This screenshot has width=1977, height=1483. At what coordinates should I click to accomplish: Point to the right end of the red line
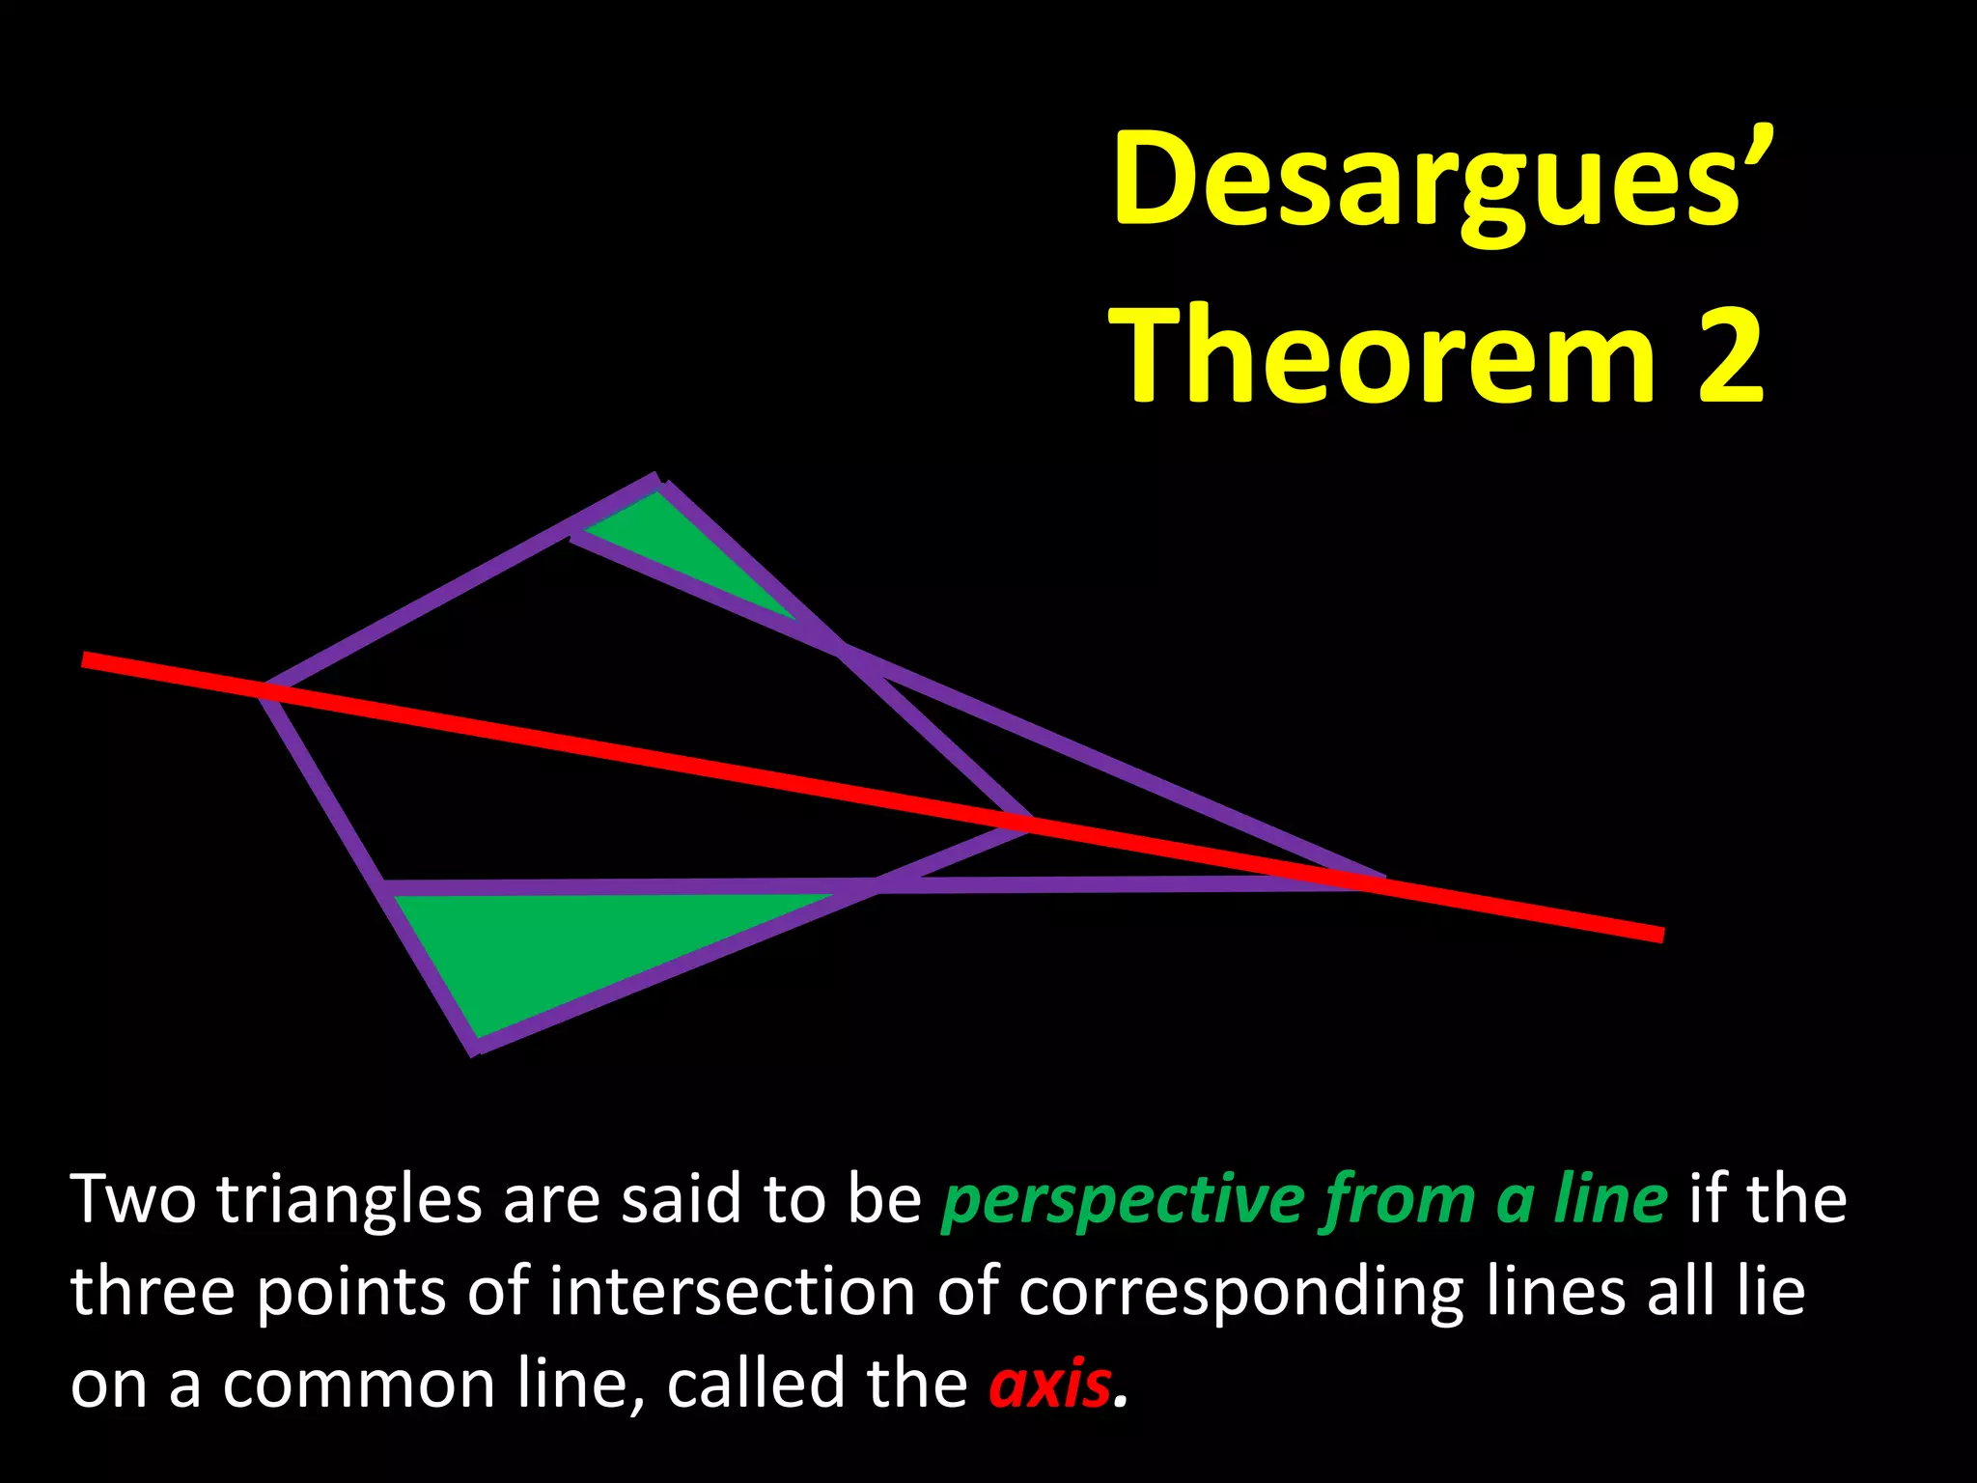pos(1660,934)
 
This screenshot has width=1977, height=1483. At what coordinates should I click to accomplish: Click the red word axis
pos(1049,1383)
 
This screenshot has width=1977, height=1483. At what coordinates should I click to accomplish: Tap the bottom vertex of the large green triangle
pos(475,1047)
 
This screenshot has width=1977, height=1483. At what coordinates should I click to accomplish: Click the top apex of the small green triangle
pos(657,485)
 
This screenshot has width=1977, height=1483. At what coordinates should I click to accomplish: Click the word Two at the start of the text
pos(133,1199)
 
